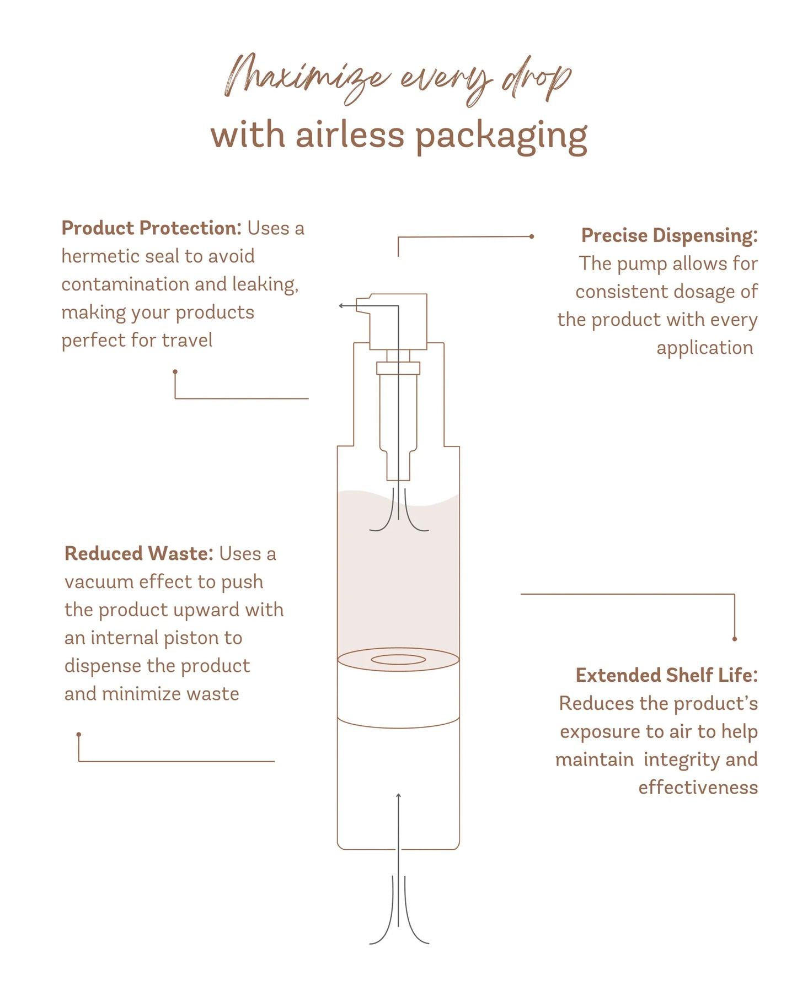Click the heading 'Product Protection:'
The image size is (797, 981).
pyautogui.click(x=151, y=228)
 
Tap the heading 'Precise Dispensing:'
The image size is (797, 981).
pyautogui.click(x=669, y=236)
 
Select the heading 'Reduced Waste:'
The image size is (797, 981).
pyautogui.click(x=138, y=553)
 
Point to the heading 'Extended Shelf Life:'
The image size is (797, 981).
pyautogui.click(x=666, y=675)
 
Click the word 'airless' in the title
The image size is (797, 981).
pyautogui.click(x=350, y=135)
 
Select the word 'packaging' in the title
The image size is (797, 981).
pyautogui.click(x=501, y=137)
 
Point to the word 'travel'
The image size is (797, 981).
pyautogui.click(x=187, y=340)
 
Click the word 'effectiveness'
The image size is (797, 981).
pyautogui.click(x=698, y=788)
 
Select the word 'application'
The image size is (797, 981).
pyautogui.click(x=704, y=348)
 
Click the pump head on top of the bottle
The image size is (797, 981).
pyautogui.click(x=398, y=321)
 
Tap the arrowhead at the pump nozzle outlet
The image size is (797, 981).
pyautogui.click(x=341, y=305)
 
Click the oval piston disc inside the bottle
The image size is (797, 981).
pyautogui.click(x=398, y=659)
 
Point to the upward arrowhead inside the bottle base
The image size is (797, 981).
pyautogui.click(x=398, y=795)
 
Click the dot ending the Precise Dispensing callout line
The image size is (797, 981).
pyautogui.click(x=532, y=236)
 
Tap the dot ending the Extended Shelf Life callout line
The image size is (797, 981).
pyautogui.click(x=734, y=639)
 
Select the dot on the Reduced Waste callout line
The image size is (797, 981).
pyautogui.click(x=79, y=735)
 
